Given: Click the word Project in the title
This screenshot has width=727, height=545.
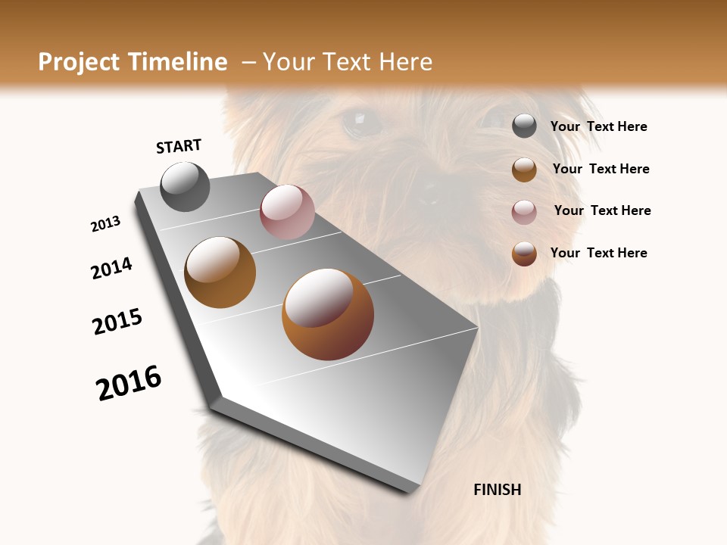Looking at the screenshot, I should point(77,62).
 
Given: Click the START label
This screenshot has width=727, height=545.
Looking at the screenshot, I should point(179,146).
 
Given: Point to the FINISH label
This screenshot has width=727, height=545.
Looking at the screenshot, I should point(497,490).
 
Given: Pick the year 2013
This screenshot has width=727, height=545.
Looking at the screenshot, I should point(105,224).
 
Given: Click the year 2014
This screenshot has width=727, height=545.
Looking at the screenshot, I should point(111,268).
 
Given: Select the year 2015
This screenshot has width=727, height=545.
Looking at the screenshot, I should point(117,322).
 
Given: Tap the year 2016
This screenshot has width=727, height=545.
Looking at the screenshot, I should point(129,383).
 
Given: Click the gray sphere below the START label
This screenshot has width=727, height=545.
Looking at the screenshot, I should point(185,187).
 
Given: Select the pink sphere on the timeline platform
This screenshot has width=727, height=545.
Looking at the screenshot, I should point(287,212).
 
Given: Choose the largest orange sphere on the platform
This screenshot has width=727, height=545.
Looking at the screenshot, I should point(328,314).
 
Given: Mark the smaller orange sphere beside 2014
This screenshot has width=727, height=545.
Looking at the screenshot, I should point(220,272).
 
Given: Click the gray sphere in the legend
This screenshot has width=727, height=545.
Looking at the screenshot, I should point(524,126).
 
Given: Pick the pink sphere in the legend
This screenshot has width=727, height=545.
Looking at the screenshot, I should point(524,212).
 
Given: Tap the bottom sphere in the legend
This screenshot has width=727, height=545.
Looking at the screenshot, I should point(524,254).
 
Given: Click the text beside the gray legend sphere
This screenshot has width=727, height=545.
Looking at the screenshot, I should point(598,127).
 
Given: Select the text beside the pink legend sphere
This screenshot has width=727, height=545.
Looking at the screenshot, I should point(602,210).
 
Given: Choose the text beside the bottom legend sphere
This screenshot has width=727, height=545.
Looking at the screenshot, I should point(598,253).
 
